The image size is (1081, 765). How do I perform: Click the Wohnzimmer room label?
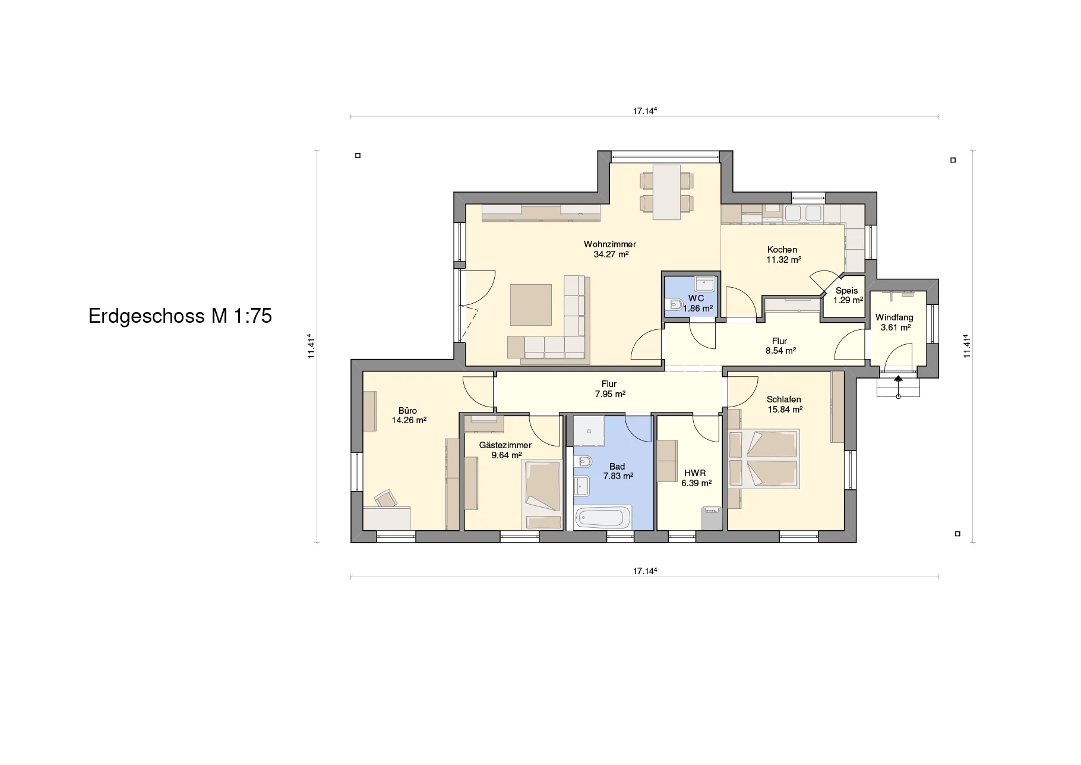[x=609, y=244]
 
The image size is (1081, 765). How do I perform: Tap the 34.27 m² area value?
[x=611, y=254]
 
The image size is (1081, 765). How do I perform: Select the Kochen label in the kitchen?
[x=782, y=250]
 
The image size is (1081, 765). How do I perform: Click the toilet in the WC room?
[x=676, y=306]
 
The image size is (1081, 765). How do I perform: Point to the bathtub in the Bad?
[x=602, y=518]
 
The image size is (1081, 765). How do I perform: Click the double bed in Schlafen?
[x=764, y=459]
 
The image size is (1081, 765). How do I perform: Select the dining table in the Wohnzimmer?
[x=666, y=192]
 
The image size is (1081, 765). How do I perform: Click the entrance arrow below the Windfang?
[x=898, y=379]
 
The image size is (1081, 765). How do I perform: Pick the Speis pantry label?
[x=846, y=291]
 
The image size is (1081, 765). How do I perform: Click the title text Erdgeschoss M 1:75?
[x=180, y=316]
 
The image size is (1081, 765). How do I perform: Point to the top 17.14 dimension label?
[x=644, y=111]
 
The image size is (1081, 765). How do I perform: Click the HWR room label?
[x=695, y=473]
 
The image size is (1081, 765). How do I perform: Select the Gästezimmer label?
[x=505, y=445]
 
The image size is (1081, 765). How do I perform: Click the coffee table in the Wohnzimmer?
[x=531, y=304]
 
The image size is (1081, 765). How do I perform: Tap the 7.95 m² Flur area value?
[x=610, y=394]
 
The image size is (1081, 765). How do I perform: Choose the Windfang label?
[x=894, y=317]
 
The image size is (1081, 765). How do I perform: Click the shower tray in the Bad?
[x=589, y=431]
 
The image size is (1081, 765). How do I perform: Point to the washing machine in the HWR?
[x=712, y=517]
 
